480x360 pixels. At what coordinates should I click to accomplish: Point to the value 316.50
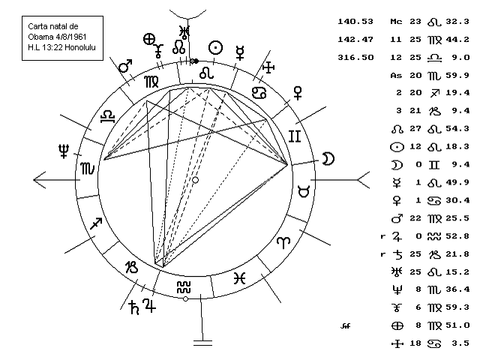click(357, 58)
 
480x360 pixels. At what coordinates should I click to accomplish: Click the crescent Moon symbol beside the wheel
click(327, 157)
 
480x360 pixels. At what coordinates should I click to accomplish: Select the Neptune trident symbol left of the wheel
click(64, 152)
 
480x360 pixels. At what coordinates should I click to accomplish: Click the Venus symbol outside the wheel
click(298, 91)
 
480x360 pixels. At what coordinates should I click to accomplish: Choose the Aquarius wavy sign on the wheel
click(184, 286)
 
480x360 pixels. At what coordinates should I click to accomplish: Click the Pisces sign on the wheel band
click(238, 277)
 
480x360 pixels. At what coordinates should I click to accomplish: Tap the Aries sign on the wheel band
click(283, 243)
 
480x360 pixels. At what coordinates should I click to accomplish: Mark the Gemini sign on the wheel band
click(295, 136)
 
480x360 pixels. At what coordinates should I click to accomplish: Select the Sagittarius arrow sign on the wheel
click(97, 223)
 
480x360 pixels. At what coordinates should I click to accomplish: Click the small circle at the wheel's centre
click(196, 180)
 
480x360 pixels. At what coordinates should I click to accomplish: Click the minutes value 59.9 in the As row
click(459, 75)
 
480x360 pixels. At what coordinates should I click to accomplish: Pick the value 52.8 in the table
click(459, 235)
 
